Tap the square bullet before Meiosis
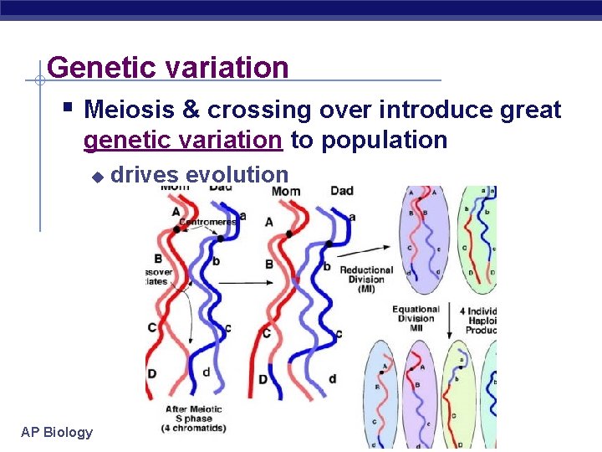point(69,108)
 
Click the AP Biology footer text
point(57,432)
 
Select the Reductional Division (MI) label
point(366,280)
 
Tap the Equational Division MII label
point(416,319)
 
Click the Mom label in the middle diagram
point(286,192)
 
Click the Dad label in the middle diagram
point(341,191)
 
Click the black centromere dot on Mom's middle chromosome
point(289,234)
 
